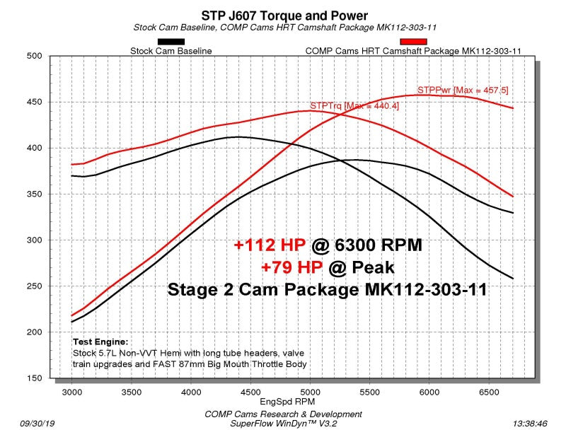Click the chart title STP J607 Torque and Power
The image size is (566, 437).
284,15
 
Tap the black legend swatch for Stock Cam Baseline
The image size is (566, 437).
171,42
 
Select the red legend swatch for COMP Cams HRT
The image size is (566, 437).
414,42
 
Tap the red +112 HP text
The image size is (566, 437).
270,245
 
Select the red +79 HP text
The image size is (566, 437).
289,267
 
